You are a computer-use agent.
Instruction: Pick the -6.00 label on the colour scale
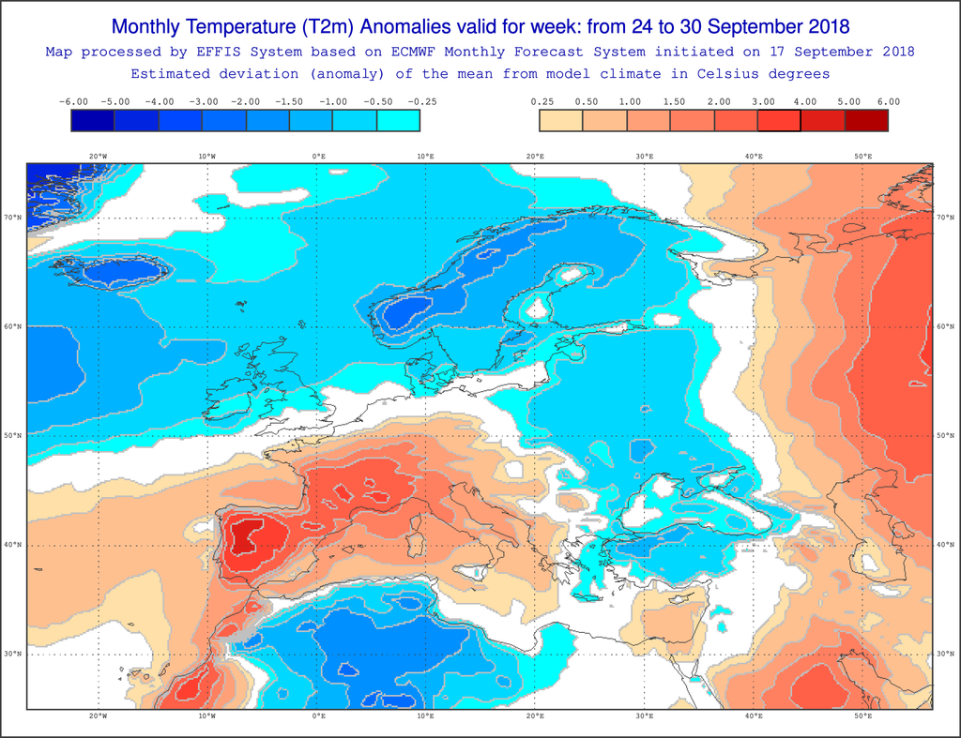coord(73,101)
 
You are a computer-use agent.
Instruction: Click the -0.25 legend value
coord(421,101)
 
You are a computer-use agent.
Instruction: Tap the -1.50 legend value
coord(290,101)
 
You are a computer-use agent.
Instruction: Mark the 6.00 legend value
coord(888,101)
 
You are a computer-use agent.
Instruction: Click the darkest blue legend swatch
coord(93,120)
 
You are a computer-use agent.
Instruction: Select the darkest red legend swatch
coord(866,120)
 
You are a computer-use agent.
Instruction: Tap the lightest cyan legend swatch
coord(398,120)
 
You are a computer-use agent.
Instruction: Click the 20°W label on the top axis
coord(98,157)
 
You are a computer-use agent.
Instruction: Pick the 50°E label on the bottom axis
coord(862,716)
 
